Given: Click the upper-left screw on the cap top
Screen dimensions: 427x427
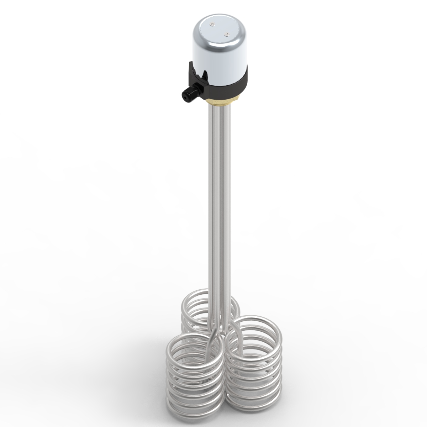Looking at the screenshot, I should click(x=212, y=25).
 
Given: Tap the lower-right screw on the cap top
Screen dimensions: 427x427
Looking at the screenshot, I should click(x=225, y=35).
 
